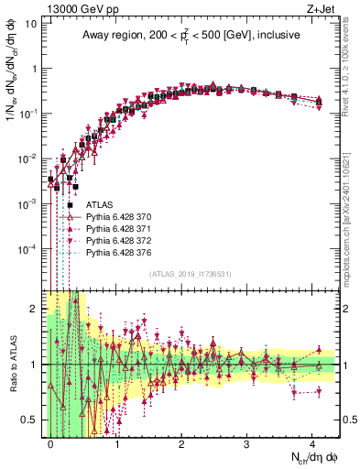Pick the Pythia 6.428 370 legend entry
click(x=124, y=218)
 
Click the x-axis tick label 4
click(x=312, y=442)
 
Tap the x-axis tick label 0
click(x=51, y=442)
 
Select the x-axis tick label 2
click(x=181, y=442)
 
